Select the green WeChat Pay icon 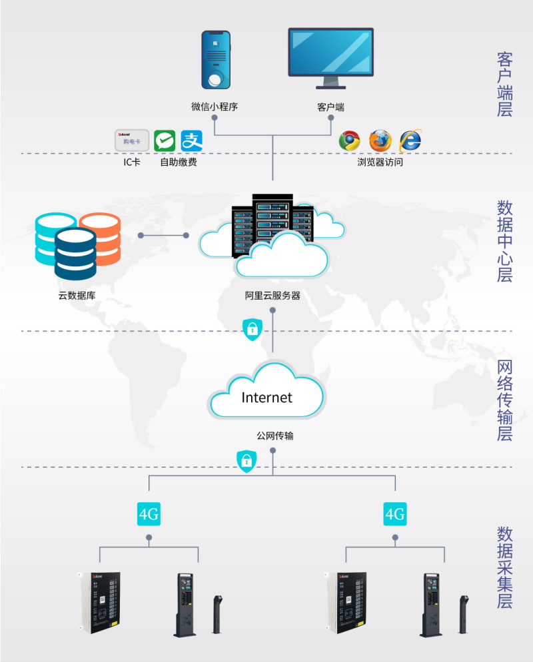click(x=165, y=141)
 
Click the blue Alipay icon click(x=191, y=141)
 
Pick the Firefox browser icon click(x=380, y=141)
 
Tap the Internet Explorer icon click(x=410, y=141)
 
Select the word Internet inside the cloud click(x=266, y=398)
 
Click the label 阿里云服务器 click(x=272, y=296)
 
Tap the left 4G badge click(x=149, y=514)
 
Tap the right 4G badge click(x=395, y=514)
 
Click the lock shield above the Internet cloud click(x=252, y=329)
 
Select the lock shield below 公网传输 click(x=247, y=460)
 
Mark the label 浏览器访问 click(x=380, y=162)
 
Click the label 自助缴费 click(x=179, y=162)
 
